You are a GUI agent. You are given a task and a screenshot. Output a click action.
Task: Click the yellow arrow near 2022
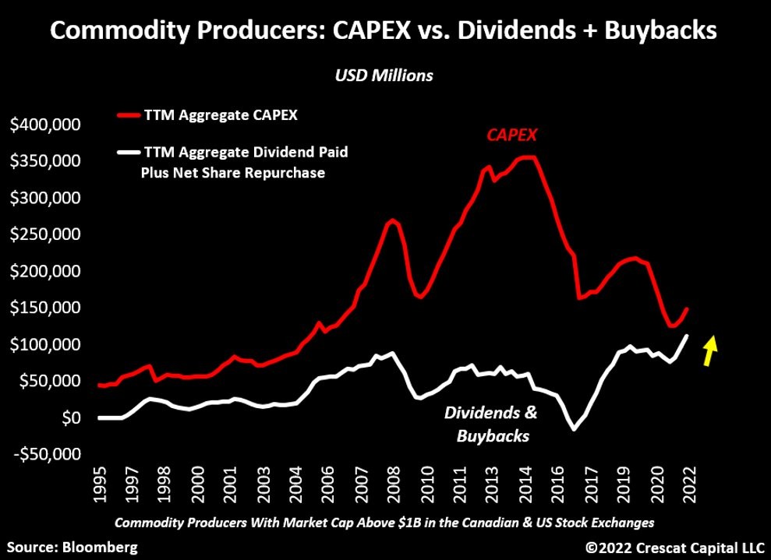coord(709,350)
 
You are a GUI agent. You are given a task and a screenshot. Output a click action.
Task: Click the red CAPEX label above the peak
coord(513,136)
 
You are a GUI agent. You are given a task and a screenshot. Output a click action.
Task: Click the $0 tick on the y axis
coord(74,418)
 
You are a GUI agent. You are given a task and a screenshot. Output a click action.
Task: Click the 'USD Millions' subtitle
coord(384,76)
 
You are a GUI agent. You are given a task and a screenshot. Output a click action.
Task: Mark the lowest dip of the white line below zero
coord(575,429)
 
